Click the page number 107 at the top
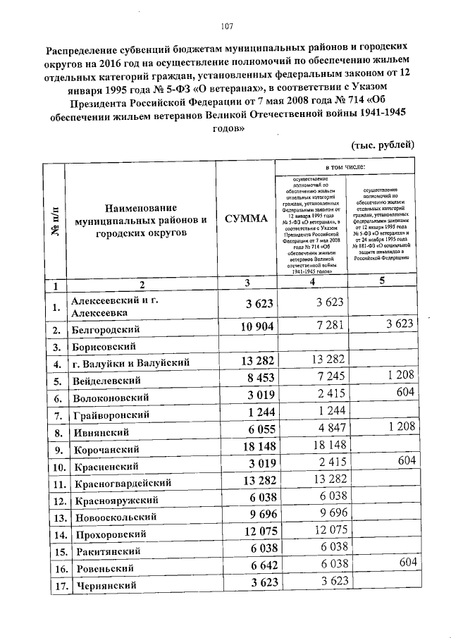(x=226, y=27)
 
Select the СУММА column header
(x=246, y=219)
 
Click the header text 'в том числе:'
(x=345, y=168)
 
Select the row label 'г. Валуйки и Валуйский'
(x=132, y=364)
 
